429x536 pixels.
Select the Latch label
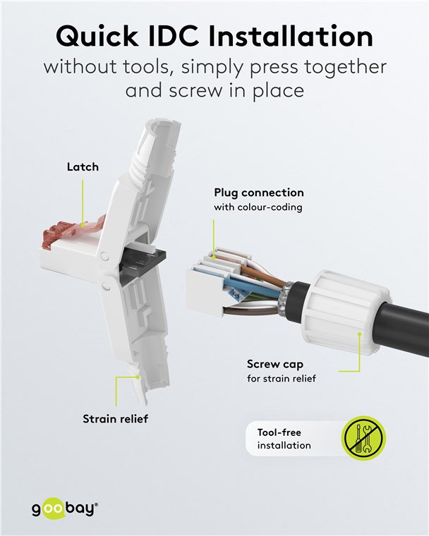tap(83, 167)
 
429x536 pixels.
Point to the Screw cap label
tap(274, 365)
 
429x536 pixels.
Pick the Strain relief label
tap(115, 419)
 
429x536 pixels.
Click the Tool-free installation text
tap(284, 438)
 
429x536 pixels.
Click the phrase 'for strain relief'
tap(281, 379)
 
